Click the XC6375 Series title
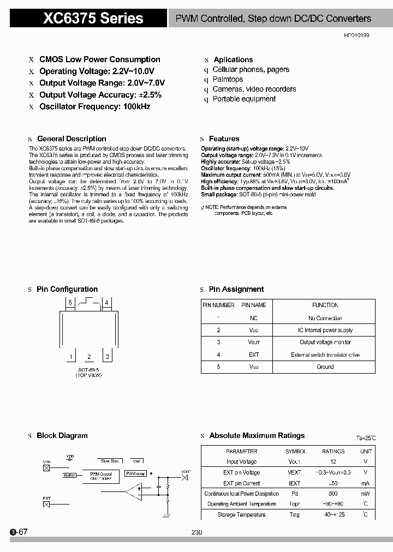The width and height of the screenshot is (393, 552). (93, 19)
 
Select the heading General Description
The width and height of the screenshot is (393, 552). (72, 139)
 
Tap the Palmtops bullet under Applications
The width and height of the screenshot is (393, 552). (228, 79)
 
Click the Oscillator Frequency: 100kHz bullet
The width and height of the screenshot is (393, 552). (94, 106)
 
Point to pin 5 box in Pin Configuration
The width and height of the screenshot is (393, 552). (70, 302)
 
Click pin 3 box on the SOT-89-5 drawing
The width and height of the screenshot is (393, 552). (108, 357)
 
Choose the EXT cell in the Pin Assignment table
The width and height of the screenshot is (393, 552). (254, 355)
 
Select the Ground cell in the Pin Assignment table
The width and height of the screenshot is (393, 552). (325, 367)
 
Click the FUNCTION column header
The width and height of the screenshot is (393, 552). (325, 305)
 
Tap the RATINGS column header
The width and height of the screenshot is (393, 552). (333, 451)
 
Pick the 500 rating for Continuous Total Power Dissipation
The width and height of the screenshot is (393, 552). (333, 494)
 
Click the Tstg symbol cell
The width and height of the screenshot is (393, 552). (294, 514)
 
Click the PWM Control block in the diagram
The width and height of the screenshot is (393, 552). (100, 476)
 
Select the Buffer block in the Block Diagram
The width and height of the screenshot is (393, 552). (69, 476)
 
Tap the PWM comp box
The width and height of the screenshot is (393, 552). (135, 473)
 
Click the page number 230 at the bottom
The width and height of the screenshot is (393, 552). (197, 532)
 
